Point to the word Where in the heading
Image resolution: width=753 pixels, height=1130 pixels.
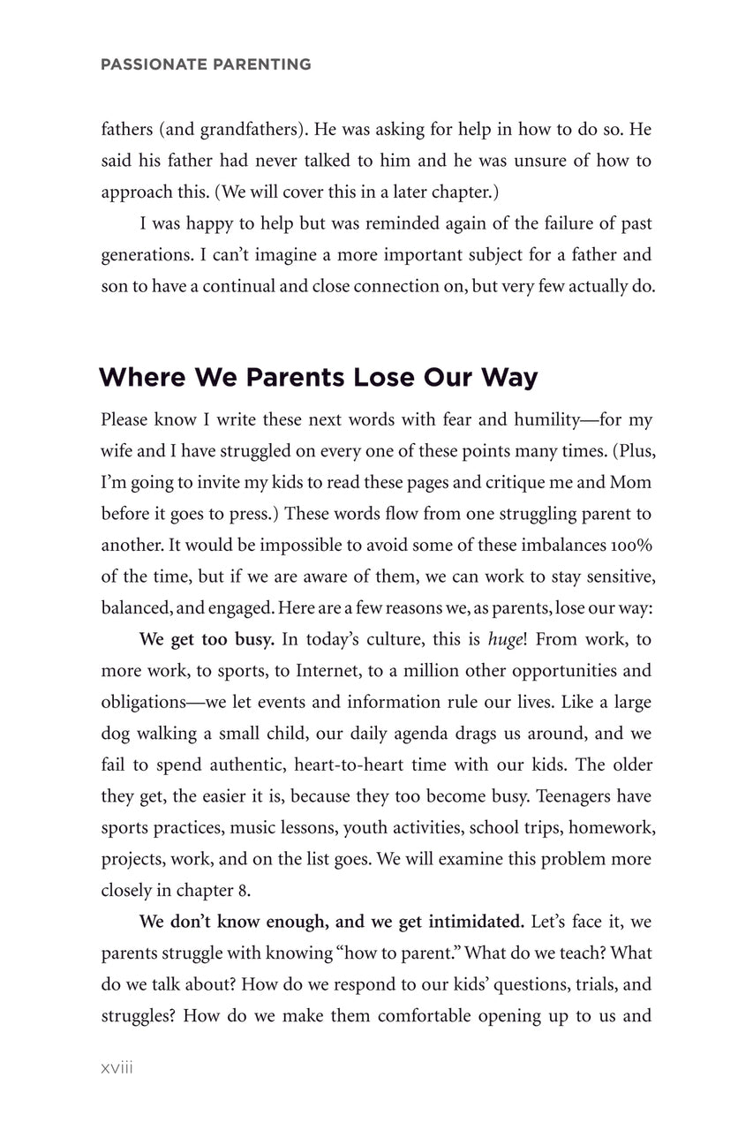[x=141, y=378]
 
